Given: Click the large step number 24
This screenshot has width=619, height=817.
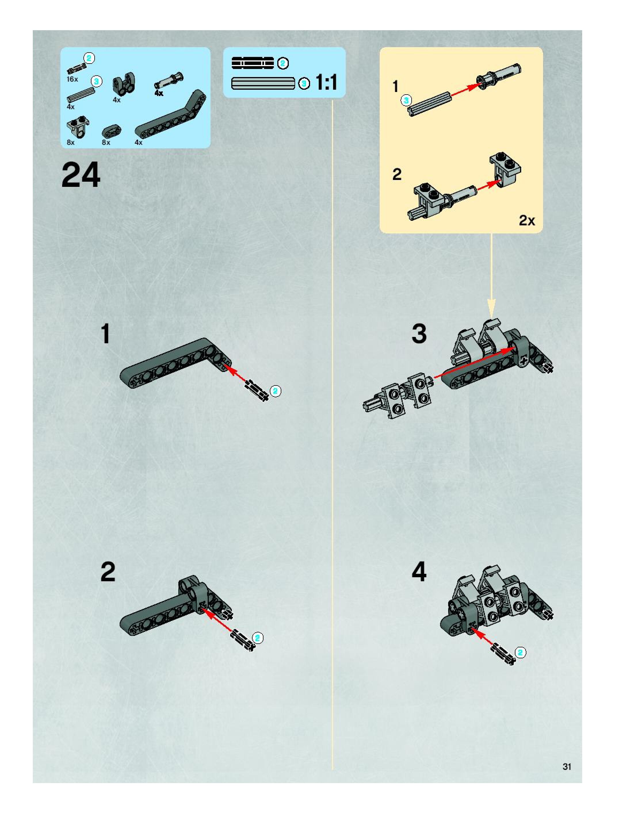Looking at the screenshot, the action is (x=81, y=175).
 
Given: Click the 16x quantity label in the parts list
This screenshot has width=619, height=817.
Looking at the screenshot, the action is (x=72, y=79).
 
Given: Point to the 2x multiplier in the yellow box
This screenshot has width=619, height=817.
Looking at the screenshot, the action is (x=527, y=220).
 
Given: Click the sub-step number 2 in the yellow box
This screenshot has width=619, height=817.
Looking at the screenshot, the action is (x=397, y=174).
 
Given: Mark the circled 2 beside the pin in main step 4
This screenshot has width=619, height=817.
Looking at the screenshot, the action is (x=520, y=653).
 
